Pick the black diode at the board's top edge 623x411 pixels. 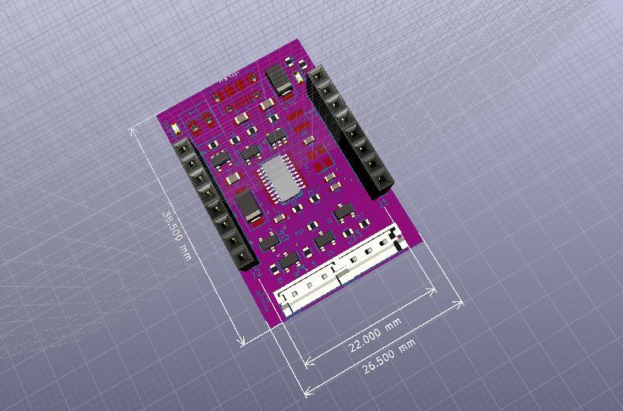tap(278, 79)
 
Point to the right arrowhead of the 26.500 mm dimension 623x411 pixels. tap(461, 302)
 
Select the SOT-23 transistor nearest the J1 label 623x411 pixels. tap(343, 213)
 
